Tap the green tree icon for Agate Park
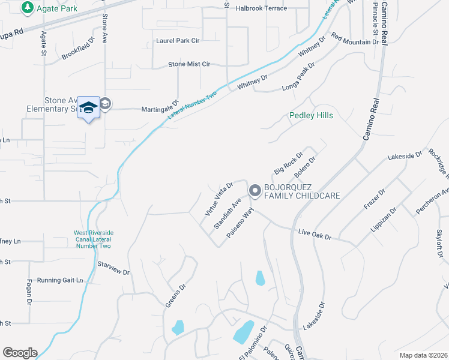[26, 8]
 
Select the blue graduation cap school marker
[88, 108]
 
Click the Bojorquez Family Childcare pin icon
[255, 191]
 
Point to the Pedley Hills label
[311, 115]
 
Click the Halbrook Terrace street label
[261, 8]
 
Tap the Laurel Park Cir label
[178, 40]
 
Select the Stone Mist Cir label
[189, 64]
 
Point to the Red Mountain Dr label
[355, 40]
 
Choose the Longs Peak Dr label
[303, 81]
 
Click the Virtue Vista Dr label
[218, 199]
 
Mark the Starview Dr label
[113, 268]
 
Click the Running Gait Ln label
[60, 280]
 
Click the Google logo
[20, 353]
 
